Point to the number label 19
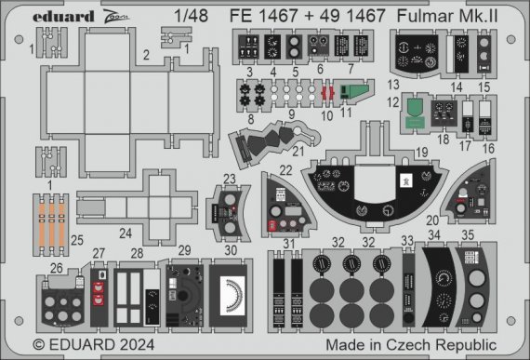(x=421, y=150)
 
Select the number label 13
(x=393, y=84)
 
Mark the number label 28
(x=138, y=252)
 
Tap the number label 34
(x=435, y=235)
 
